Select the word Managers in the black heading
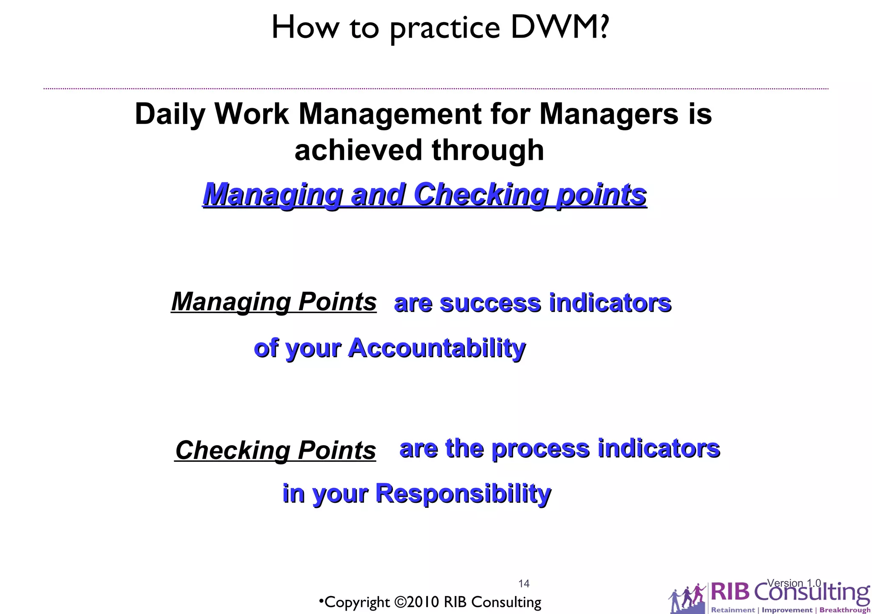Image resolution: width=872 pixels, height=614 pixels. point(608,114)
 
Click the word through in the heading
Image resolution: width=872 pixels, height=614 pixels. point(488,150)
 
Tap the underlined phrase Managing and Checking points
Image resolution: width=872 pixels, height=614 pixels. point(425,195)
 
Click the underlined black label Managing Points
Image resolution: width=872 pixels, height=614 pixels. point(274,302)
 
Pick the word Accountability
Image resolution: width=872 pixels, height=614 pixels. point(437,348)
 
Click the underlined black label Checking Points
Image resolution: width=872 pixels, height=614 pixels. point(275,450)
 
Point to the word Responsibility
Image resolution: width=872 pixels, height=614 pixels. point(463,493)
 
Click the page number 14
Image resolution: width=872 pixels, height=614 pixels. point(524,583)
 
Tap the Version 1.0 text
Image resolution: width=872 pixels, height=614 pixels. point(794,583)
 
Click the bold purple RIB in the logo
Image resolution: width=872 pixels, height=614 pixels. point(730,592)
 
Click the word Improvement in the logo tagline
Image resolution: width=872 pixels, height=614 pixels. point(787,610)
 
